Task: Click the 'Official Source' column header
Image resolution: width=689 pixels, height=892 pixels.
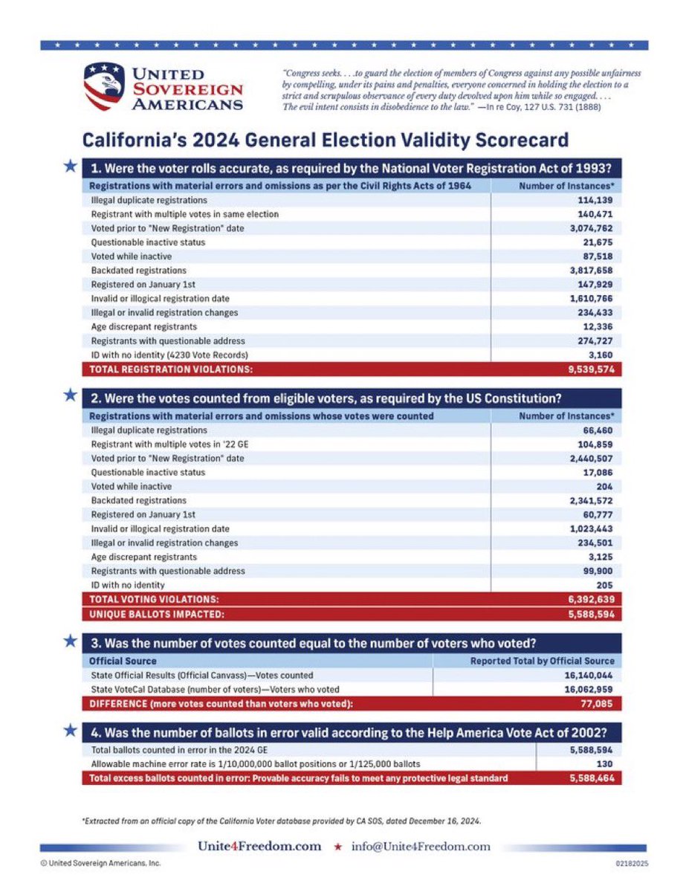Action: (x=123, y=660)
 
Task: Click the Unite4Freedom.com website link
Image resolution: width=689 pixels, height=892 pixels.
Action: (x=259, y=846)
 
